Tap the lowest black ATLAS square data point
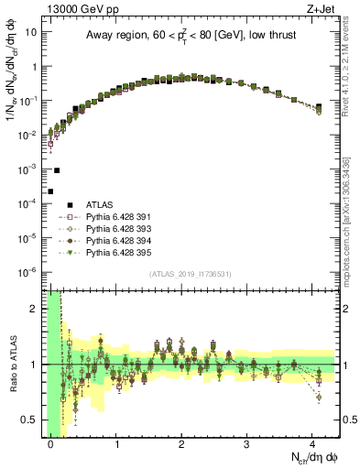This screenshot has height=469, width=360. tap(50, 191)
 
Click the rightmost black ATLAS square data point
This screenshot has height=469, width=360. tap(318, 107)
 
